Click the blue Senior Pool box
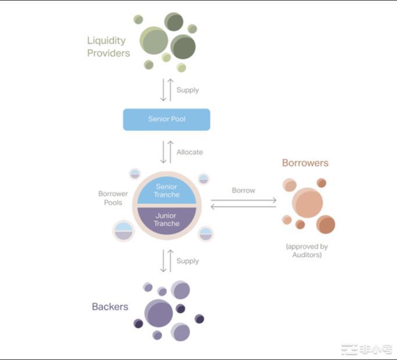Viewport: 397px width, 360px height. click(x=166, y=119)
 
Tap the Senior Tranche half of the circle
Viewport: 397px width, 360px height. click(x=167, y=190)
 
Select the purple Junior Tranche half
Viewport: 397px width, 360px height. click(x=167, y=220)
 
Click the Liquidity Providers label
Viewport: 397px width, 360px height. click(x=108, y=47)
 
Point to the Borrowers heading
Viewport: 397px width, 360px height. click(x=305, y=163)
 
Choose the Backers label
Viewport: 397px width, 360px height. click(x=110, y=306)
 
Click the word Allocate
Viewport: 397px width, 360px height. click(x=189, y=152)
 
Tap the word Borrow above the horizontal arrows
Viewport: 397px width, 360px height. click(x=243, y=190)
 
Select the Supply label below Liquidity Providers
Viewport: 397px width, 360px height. click(x=187, y=90)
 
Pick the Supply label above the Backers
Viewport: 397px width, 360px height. click(x=187, y=261)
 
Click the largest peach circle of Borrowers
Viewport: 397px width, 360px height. click(x=307, y=202)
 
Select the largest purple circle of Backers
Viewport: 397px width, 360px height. click(x=159, y=313)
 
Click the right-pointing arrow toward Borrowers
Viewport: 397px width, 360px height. click(x=244, y=199)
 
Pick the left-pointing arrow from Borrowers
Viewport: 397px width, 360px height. click(x=244, y=206)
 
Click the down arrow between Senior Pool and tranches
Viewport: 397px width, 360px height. click(x=163, y=152)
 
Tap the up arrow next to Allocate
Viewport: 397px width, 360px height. click(x=170, y=152)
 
